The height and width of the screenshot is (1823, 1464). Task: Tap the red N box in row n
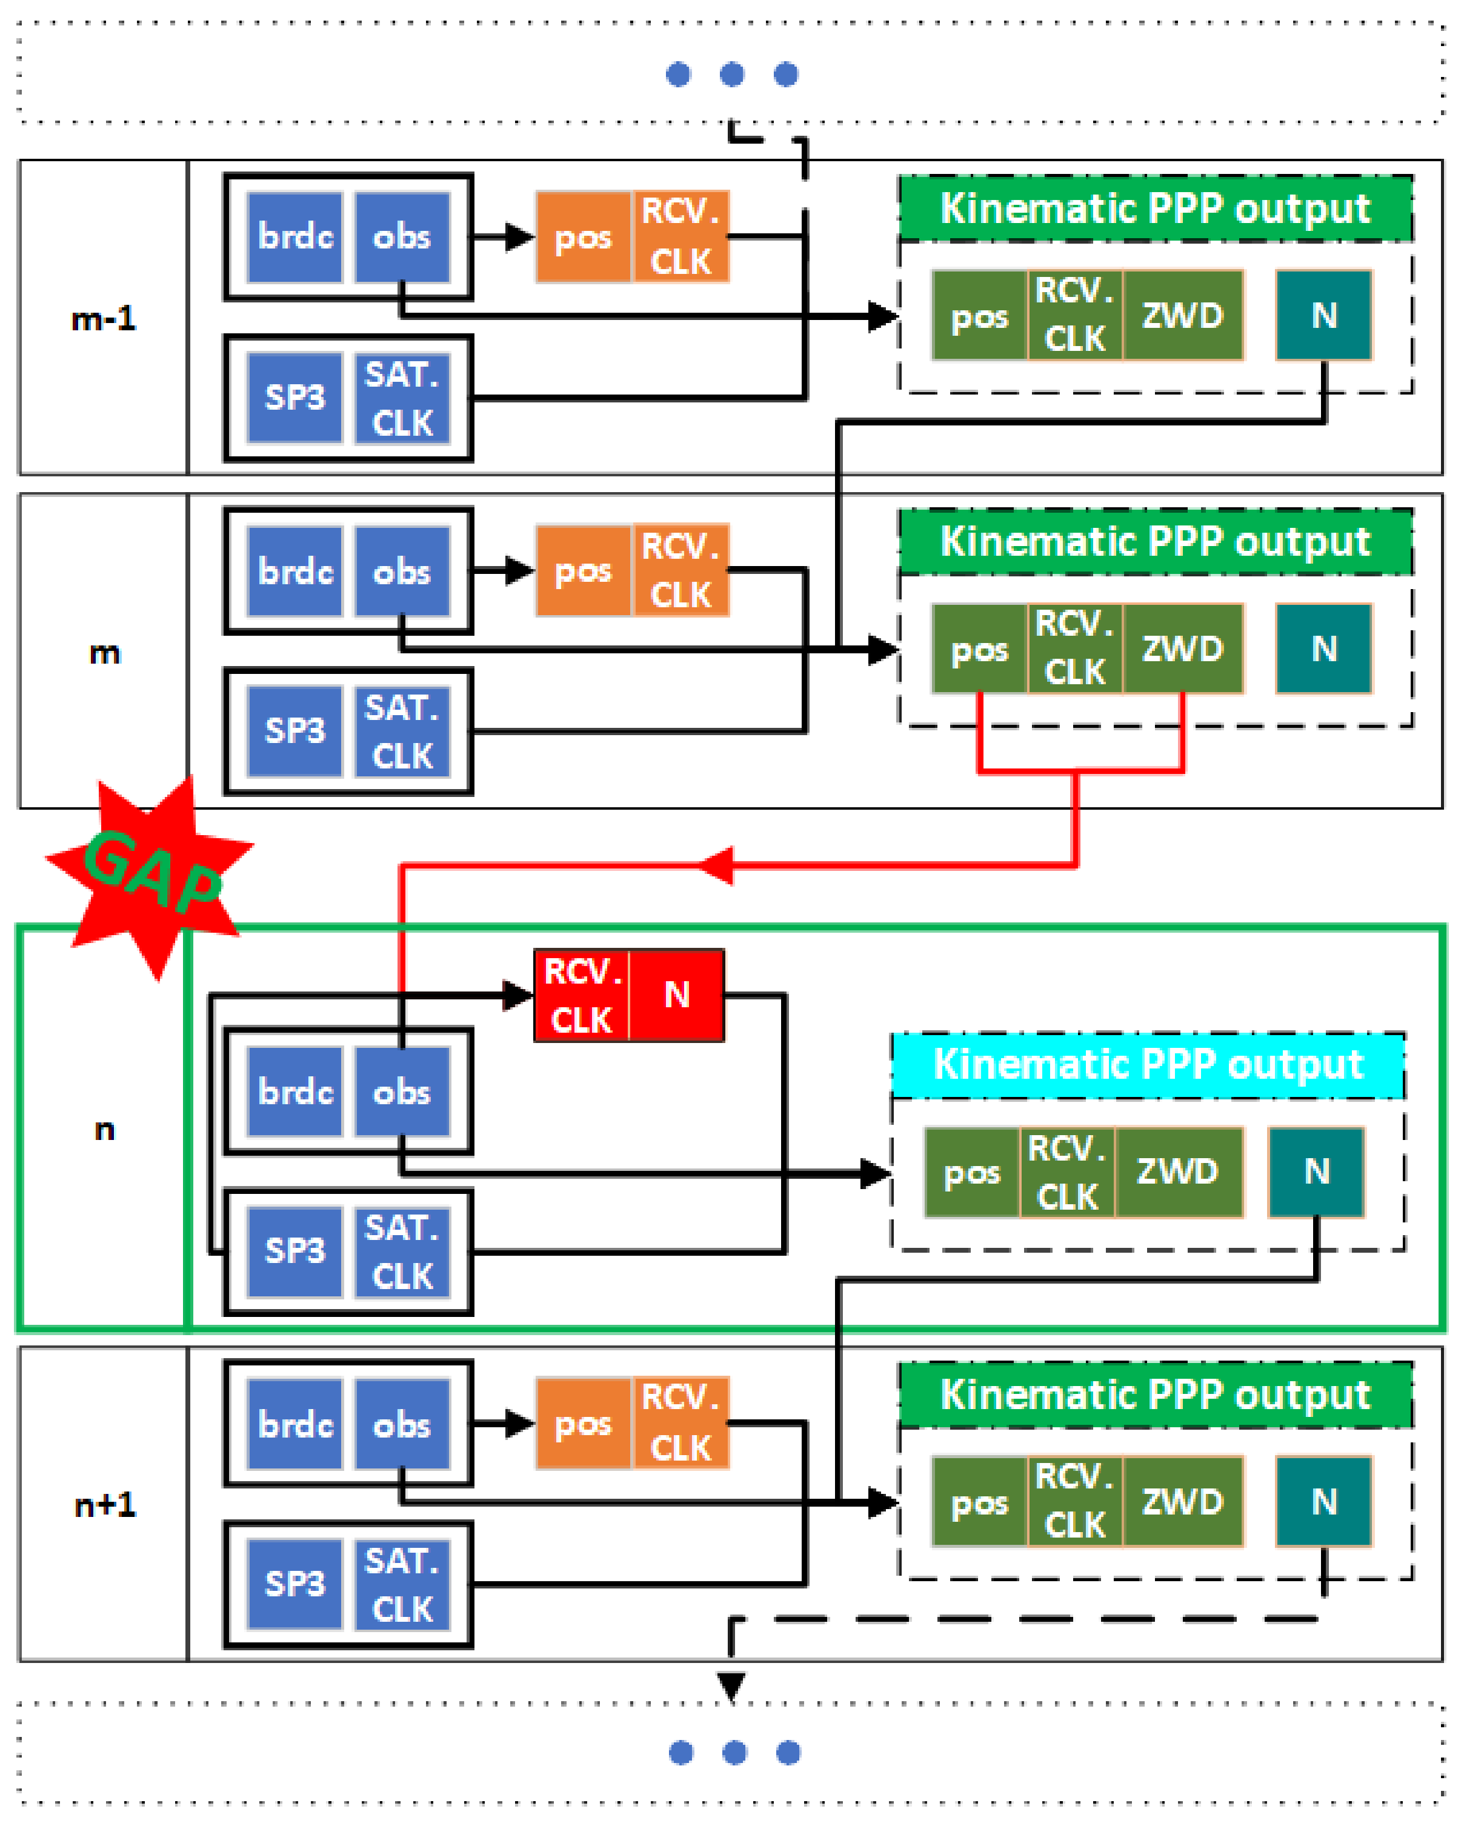[676, 995]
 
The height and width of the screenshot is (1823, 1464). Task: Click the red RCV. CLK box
[582, 995]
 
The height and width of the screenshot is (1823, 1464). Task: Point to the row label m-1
[103, 319]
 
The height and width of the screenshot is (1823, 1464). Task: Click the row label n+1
[105, 1505]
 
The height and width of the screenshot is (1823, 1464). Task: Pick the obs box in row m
[402, 572]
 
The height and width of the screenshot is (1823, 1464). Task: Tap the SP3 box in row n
[294, 1251]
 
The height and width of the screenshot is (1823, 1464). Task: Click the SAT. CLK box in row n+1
[402, 1585]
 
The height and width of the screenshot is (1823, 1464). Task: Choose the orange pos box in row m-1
[583, 238]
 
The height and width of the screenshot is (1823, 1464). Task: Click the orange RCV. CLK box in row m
[680, 571]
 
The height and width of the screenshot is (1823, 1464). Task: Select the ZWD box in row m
[1182, 648]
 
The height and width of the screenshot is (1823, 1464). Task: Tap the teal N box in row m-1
[1323, 315]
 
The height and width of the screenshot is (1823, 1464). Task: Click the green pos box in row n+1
[979, 1502]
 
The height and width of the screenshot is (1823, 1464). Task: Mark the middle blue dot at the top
[732, 75]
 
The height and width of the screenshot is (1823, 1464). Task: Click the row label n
[104, 1130]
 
